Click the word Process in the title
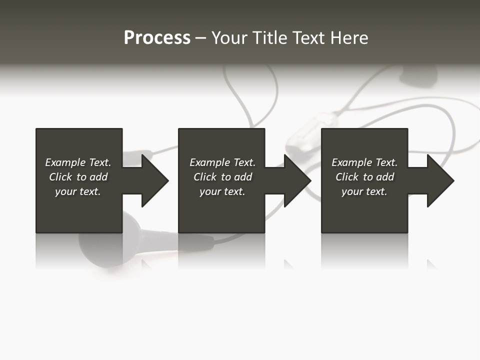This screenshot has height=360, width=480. click(x=157, y=38)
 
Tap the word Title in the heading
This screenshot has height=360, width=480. click(x=268, y=38)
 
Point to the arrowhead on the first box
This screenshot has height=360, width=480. click(x=154, y=180)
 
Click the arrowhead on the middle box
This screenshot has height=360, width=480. click(x=297, y=180)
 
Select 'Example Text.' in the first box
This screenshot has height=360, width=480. click(x=78, y=162)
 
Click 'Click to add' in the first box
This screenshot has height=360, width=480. click(x=78, y=177)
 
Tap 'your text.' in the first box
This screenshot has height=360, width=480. click(x=78, y=191)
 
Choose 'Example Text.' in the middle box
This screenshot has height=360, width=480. click(x=222, y=162)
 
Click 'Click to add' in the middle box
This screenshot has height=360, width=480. click(x=222, y=177)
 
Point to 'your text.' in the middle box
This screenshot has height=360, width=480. click(x=222, y=191)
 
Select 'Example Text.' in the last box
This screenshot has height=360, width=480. click(x=364, y=162)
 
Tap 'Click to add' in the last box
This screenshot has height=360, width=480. click(x=364, y=177)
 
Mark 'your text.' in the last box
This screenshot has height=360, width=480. click(x=364, y=191)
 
